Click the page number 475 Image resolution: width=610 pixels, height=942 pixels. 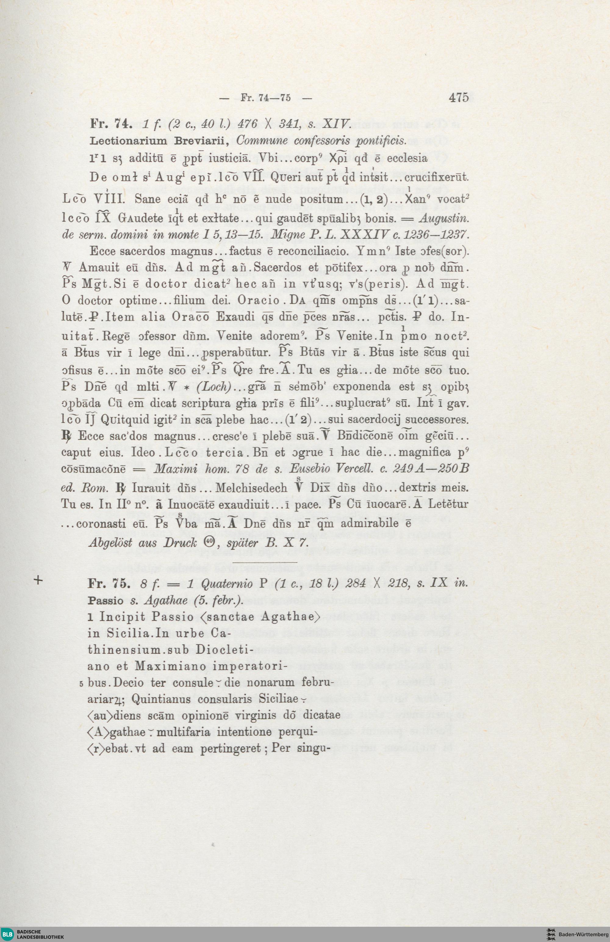point(458,97)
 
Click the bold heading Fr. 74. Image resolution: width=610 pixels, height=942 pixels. point(108,124)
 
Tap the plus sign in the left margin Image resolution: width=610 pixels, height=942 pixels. point(38,580)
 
